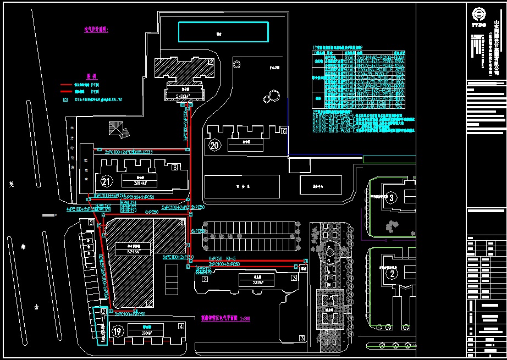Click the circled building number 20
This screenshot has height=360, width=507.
pos(214,146)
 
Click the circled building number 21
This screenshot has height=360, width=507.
pos(107,180)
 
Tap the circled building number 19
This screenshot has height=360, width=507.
pos(117,331)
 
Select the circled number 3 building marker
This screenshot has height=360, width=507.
pos(391,197)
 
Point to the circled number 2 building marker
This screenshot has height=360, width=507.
pos(392,273)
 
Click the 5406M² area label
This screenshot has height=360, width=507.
pos(180,96)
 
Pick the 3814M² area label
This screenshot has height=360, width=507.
pos(140,183)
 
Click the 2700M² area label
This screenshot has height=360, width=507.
pos(147,333)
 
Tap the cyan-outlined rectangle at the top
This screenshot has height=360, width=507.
pos(224,32)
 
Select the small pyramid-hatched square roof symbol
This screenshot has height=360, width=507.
pos(115,129)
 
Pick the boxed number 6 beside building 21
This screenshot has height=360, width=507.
pos(174,167)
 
